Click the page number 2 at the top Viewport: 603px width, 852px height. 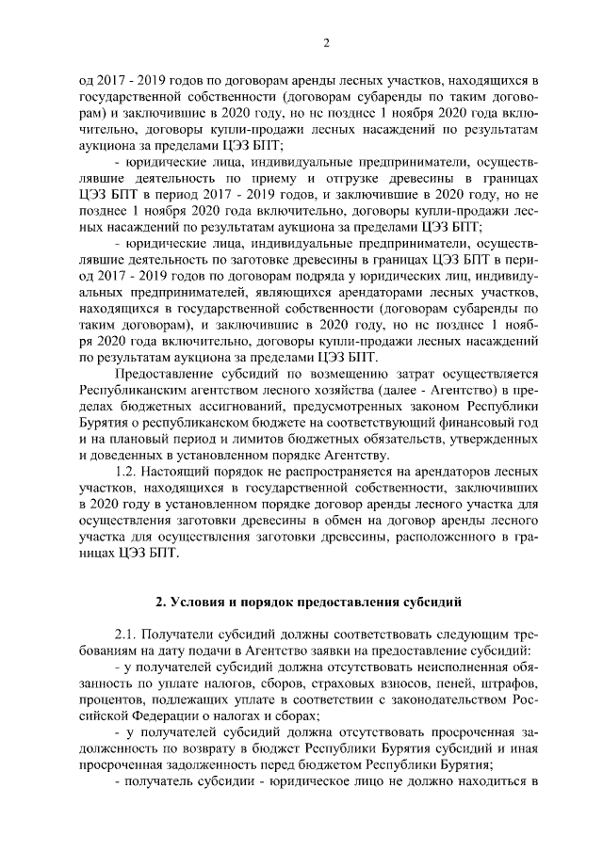[x=325, y=42]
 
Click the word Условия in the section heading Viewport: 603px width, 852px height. [x=202, y=602]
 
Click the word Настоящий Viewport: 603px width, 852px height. [x=186, y=470]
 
